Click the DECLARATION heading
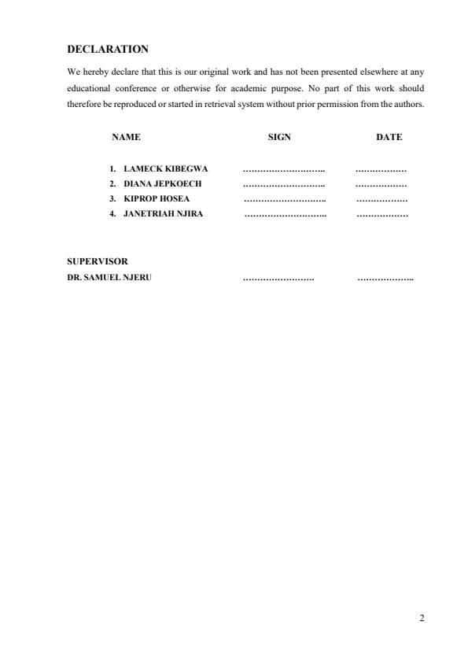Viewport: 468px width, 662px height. tap(107, 49)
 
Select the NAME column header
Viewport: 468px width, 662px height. tap(126, 137)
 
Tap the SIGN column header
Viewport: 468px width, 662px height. tap(279, 137)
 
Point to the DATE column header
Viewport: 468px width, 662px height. tap(389, 137)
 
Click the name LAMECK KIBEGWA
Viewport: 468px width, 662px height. tap(165, 169)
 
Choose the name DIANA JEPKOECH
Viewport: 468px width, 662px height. tap(162, 183)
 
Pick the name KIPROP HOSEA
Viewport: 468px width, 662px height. tap(157, 198)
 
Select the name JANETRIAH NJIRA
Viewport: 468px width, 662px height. tap(163, 213)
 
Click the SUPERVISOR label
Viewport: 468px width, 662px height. tap(97, 261)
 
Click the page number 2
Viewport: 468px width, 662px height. tap(422, 618)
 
